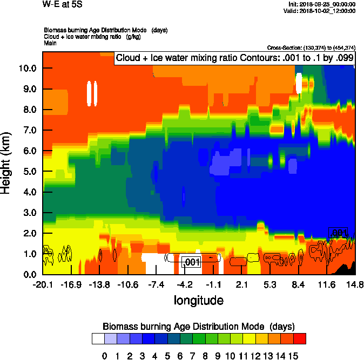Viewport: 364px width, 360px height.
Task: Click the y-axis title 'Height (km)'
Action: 6,162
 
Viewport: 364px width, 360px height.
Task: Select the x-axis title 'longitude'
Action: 198,300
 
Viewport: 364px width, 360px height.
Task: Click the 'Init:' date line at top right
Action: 322,4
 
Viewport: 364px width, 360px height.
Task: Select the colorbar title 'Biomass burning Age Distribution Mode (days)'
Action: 198,326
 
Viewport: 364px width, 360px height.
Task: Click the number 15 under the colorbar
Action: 293,356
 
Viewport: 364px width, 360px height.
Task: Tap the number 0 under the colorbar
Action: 104,356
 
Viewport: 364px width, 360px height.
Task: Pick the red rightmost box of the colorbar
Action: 300,338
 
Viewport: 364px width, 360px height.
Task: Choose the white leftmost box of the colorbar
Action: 98,338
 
